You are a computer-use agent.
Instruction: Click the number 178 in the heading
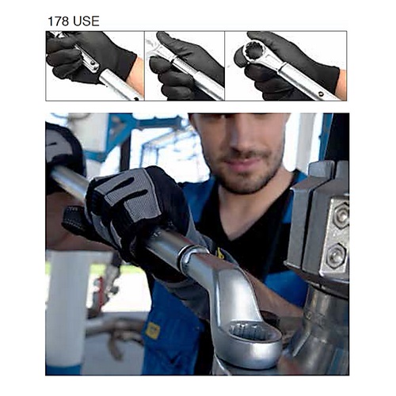(x=59, y=21)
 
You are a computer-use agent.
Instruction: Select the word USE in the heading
(x=86, y=21)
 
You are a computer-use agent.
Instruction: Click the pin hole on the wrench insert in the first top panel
(x=92, y=63)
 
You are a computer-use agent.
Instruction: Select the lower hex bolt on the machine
(x=335, y=256)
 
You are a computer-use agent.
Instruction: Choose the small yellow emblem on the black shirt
(x=219, y=253)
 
